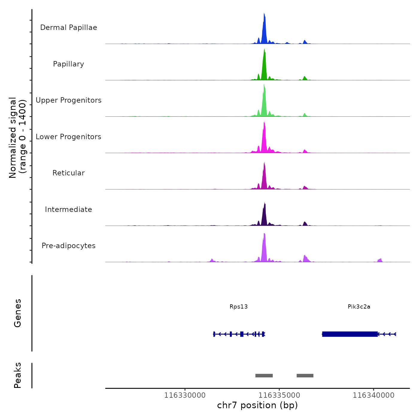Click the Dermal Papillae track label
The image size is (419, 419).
(69, 28)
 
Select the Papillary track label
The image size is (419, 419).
(69, 64)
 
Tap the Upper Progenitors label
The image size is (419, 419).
(69, 100)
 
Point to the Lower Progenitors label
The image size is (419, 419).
(69, 137)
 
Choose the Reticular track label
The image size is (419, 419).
(69, 173)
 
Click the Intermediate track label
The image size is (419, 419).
(69, 209)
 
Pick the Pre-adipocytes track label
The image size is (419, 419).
(69, 246)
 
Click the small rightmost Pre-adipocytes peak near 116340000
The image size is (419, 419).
(380, 260)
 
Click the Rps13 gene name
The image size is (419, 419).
(239, 306)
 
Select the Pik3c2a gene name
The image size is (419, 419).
(359, 306)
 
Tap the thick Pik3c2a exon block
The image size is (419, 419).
(350, 334)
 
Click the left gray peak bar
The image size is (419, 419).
(264, 376)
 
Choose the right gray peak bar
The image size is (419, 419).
(305, 376)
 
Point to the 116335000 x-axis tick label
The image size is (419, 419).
(279, 395)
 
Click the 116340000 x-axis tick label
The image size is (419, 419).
(374, 395)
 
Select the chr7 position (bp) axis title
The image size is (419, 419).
(257, 405)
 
